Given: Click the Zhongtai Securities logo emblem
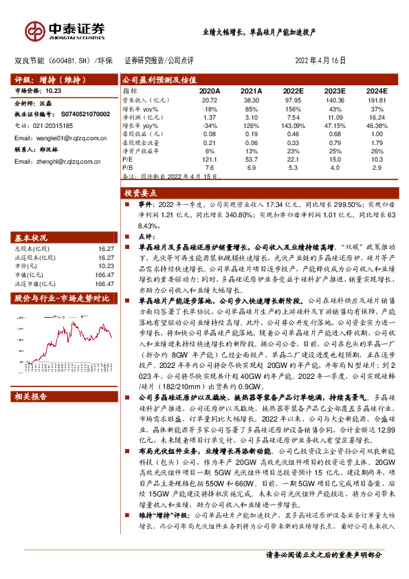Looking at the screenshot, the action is tap(35, 31).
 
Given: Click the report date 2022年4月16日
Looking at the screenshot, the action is tap(320, 61).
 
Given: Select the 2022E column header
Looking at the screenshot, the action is tap(293, 91).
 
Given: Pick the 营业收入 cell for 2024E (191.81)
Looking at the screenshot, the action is tap(375, 100).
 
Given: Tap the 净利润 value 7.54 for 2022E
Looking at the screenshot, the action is tap(293, 118).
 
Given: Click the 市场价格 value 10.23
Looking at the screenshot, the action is tap(54, 90).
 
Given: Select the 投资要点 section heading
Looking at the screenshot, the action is tap(144, 195).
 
